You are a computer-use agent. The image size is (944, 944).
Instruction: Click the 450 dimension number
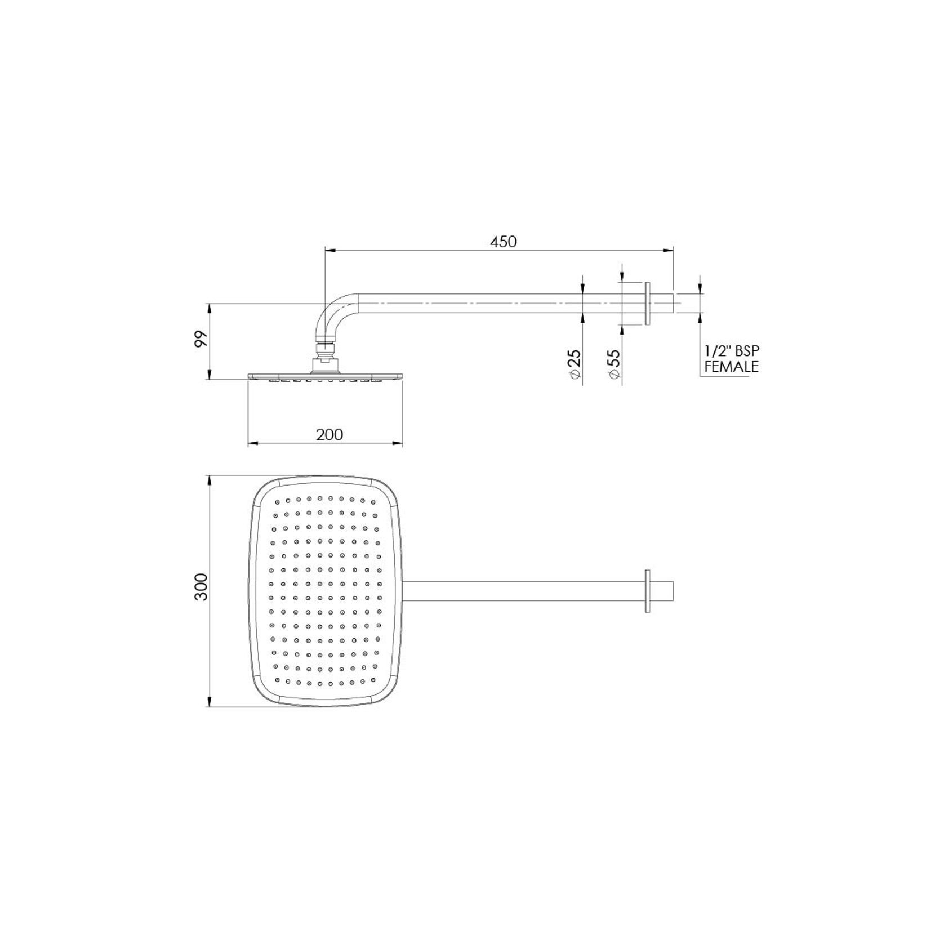click(x=503, y=242)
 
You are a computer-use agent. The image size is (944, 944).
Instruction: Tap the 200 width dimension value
click(x=329, y=435)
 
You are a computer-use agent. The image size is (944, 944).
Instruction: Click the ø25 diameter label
click(x=575, y=364)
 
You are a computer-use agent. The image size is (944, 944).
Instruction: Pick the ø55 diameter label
click(x=614, y=364)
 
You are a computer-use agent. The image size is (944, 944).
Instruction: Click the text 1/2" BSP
click(x=732, y=351)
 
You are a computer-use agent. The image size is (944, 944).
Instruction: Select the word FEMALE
click(x=732, y=367)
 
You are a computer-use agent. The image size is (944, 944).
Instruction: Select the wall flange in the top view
click(x=648, y=591)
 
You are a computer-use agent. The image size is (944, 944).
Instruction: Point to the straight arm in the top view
click(x=524, y=591)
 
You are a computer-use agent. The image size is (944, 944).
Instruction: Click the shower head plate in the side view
click(x=325, y=375)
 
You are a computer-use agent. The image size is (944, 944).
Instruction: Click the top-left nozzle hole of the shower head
click(x=277, y=501)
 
